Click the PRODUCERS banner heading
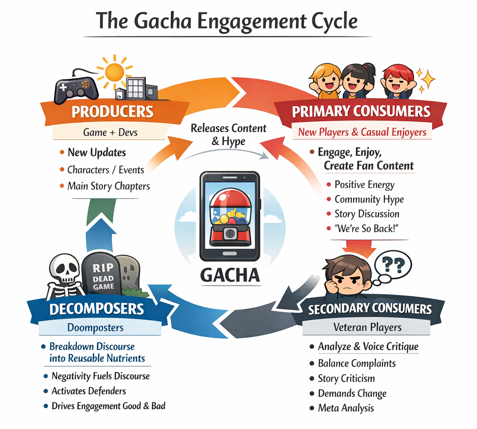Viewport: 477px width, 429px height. [x=112, y=112]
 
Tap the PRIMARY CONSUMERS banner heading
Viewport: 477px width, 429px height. [x=361, y=111]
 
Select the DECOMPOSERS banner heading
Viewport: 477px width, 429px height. [x=97, y=309]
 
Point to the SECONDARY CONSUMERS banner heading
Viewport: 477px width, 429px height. [x=370, y=309]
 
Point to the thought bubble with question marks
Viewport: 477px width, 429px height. [x=393, y=264]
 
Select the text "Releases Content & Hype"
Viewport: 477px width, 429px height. [x=228, y=134]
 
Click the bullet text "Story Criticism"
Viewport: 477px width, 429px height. [x=346, y=378]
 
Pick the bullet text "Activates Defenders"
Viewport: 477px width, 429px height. [x=88, y=391]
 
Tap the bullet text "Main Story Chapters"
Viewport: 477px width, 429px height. [x=108, y=186]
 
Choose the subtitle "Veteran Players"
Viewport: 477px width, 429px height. [x=367, y=327]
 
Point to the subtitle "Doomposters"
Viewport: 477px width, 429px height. [x=95, y=328]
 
